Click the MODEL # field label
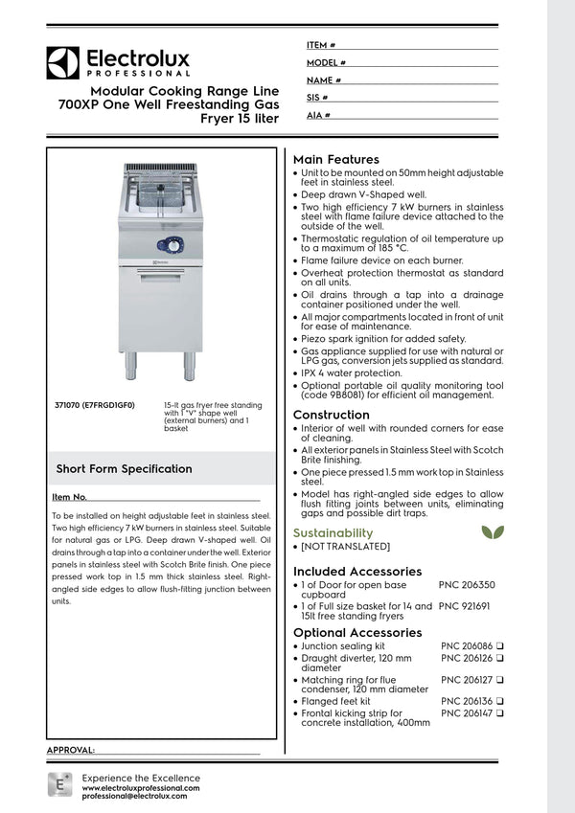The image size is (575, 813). (x=327, y=62)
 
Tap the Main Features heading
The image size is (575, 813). (x=335, y=159)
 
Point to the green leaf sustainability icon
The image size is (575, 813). (x=490, y=531)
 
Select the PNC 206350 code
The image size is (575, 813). (x=467, y=584)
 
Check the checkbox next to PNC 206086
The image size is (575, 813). (x=500, y=647)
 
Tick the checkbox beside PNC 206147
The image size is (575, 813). (x=500, y=713)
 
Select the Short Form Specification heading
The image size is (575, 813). (x=124, y=469)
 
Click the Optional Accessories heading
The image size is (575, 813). (x=356, y=633)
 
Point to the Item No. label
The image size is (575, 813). (x=69, y=498)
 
